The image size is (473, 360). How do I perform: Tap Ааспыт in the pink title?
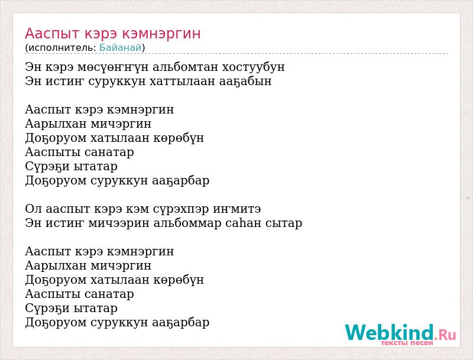(x=52, y=34)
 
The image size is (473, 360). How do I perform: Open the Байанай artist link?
(x=121, y=48)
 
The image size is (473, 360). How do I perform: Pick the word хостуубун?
(x=253, y=67)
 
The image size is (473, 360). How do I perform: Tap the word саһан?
(x=244, y=223)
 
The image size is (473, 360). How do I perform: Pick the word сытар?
(x=284, y=223)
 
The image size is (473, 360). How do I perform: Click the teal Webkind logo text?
(x=390, y=332)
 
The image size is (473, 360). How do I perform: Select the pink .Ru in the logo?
(x=446, y=335)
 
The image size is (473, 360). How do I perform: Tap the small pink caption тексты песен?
(x=407, y=343)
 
